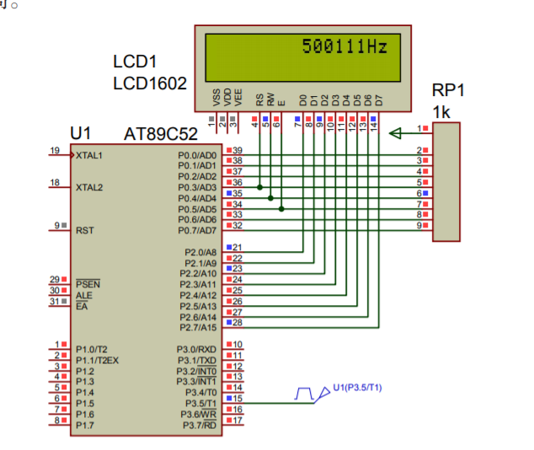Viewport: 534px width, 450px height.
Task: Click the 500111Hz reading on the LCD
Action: pos(345,47)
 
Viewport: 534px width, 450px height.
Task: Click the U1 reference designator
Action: pos(81,134)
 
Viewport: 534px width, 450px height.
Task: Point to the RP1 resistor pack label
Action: pos(448,90)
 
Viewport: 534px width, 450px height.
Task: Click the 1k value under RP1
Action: pos(441,111)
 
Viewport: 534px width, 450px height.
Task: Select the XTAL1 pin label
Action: pos(89,156)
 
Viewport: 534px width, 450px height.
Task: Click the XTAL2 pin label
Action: pos(89,187)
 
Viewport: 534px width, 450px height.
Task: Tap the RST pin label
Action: pos(83,229)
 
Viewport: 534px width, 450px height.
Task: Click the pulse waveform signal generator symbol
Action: pos(304,393)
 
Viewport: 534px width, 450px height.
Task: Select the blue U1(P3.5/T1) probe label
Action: pos(357,387)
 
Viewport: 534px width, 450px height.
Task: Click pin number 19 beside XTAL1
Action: pos(55,151)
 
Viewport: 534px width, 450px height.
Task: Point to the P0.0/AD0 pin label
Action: pos(197,156)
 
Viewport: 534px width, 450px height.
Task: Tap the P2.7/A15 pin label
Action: pos(198,327)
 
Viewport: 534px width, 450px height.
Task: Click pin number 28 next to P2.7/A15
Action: pos(237,323)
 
